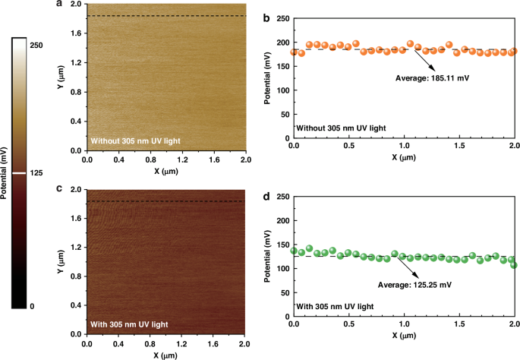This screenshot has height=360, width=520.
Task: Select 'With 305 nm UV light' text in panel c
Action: [129, 324]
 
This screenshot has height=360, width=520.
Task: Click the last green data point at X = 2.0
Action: [514, 265]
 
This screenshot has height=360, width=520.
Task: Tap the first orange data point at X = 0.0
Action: [295, 52]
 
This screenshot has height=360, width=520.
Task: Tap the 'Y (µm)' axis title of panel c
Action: [59, 262]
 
